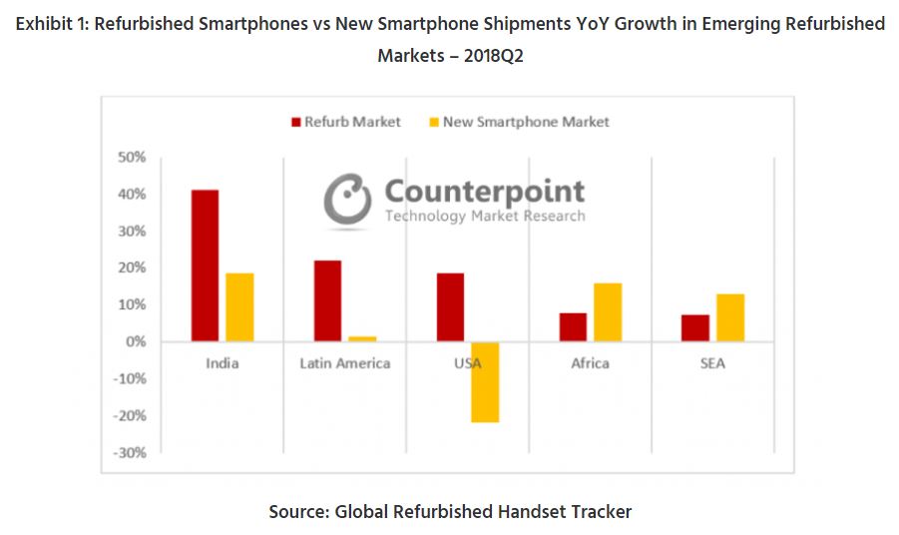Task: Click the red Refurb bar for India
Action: (x=205, y=266)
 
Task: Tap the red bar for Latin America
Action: (x=327, y=300)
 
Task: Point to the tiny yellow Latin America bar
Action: (x=363, y=339)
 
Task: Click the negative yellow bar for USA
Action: (x=485, y=381)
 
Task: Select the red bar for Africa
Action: (x=573, y=327)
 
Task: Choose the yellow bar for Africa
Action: (x=608, y=312)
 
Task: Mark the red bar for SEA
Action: (x=695, y=328)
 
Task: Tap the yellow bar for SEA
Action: (x=730, y=317)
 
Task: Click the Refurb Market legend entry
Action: (x=345, y=122)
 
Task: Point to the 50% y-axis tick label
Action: (x=132, y=157)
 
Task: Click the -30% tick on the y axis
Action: (x=130, y=452)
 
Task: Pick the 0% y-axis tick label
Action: (x=136, y=341)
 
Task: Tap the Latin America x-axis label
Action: (x=345, y=363)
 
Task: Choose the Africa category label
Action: (x=590, y=363)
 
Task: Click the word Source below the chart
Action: (x=297, y=512)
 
